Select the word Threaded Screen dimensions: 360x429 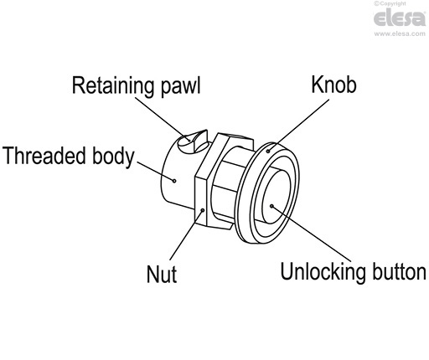(x=44, y=156)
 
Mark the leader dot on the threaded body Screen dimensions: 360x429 (x=173, y=178)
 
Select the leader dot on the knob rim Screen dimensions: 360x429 (x=268, y=151)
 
